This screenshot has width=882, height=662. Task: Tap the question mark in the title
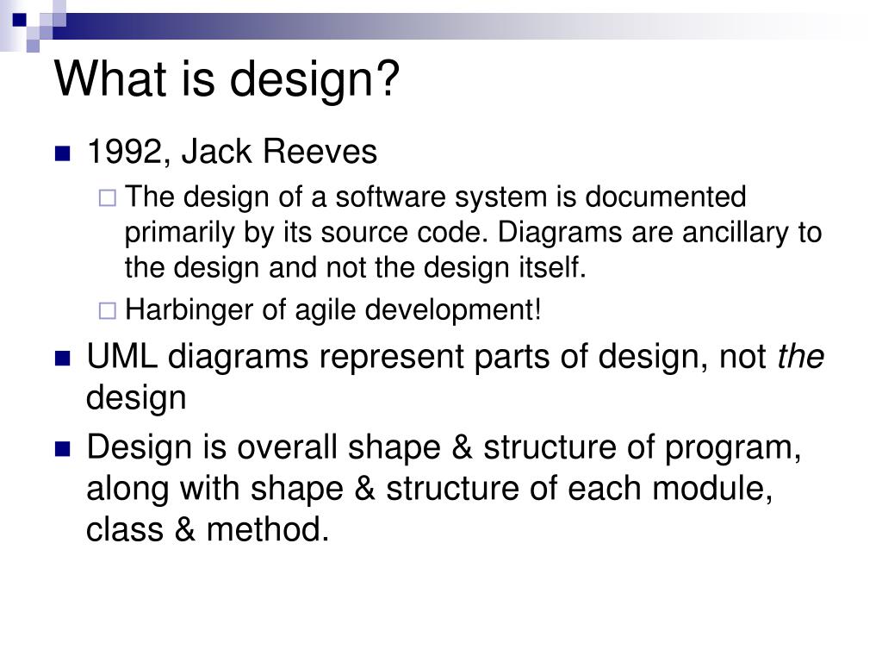point(388,78)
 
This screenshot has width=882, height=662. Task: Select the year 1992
point(124,152)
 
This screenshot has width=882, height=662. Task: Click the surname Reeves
point(320,152)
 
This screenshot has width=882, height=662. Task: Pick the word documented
point(666,197)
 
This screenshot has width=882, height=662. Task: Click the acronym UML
point(122,356)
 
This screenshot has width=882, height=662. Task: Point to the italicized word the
point(800,356)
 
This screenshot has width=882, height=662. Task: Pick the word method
point(267,530)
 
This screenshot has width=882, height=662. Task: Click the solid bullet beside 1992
point(62,153)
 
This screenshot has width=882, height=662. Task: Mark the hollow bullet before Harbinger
point(107,310)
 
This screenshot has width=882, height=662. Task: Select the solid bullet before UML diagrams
point(62,359)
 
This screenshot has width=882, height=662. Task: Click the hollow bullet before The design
point(107,197)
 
